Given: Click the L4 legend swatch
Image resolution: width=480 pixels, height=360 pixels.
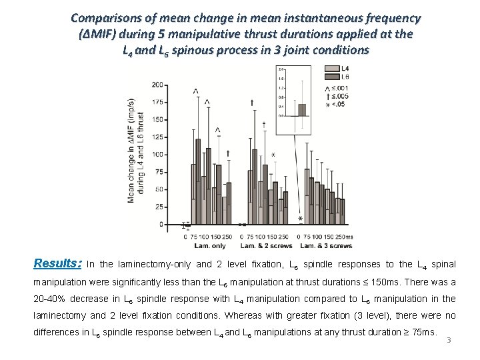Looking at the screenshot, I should click(x=331, y=69).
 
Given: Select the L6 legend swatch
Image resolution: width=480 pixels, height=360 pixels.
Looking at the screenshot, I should click(x=331, y=77).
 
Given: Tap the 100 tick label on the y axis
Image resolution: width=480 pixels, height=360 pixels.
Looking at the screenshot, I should click(x=157, y=155).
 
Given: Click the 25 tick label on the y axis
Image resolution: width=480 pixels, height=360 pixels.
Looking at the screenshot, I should click(x=159, y=207).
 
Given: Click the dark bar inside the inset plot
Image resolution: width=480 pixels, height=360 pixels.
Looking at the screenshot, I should click(x=302, y=109).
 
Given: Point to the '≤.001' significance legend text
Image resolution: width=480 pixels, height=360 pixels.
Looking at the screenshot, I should click(x=341, y=88).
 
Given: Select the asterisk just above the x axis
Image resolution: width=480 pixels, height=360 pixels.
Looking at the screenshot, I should click(x=300, y=219).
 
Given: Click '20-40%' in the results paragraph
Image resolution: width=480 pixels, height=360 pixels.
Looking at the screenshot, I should click(x=51, y=299).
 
